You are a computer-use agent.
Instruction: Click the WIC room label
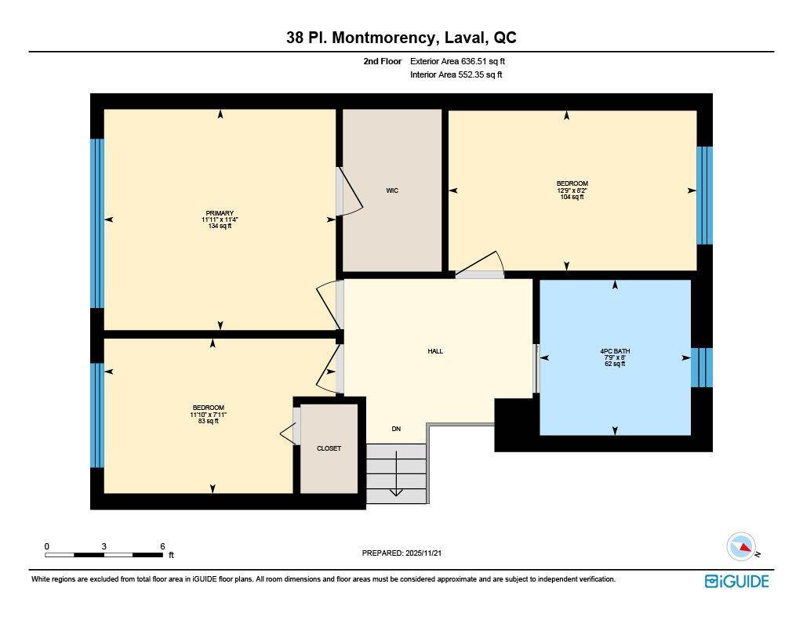point(392,190)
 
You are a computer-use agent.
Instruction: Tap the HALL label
point(435,351)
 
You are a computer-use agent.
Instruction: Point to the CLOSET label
point(329,448)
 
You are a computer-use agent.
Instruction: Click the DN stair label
point(397,429)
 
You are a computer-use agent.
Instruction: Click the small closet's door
point(289,433)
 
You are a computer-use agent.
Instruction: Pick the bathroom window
point(702,368)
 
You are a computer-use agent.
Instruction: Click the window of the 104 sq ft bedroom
point(705,195)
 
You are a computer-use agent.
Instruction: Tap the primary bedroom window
point(97,223)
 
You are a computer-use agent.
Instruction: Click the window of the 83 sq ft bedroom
point(97,415)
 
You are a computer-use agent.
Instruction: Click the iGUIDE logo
point(736,581)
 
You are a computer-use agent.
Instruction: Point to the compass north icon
point(741,546)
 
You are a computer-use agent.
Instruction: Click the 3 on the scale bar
point(104,546)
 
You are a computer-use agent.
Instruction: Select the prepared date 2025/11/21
point(406,553)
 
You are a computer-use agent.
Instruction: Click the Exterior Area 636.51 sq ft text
point(463,61)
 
